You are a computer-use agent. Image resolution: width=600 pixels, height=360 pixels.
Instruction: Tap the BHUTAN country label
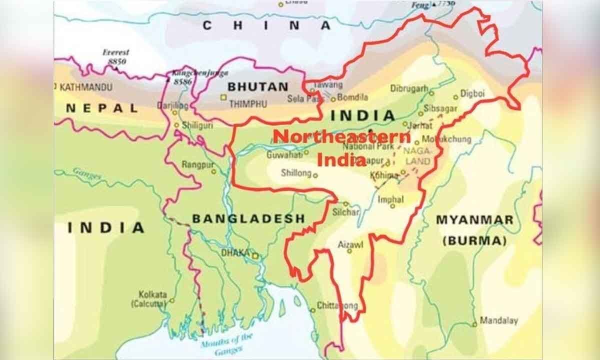pyautogui.click(x=258, y=86)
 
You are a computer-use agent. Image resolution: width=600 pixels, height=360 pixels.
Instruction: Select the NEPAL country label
pyautogui.click(x=102, y=108)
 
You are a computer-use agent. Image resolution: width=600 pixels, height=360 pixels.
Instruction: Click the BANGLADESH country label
pyautogui.click(x=248, y=218)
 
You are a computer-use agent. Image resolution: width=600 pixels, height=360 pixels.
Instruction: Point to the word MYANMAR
pyautogui.click(x=474, y=220)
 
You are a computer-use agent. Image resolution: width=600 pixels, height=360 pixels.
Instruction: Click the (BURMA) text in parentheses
pyautogui.click(x=474, y=240)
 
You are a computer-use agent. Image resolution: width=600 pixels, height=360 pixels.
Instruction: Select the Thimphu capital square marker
pyautogui.click(x=223, y=97)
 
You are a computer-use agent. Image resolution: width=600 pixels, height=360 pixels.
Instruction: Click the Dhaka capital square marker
pyautogui.click(x=255, y=256)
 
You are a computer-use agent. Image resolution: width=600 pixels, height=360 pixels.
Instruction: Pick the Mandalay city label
pyautogui.click(x=498, y=320)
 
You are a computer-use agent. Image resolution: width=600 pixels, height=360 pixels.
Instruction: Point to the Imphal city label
pyautogui.click(x=390, y=199)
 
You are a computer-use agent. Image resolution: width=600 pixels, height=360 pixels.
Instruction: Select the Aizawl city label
pyautogui.click(x=350, y=244)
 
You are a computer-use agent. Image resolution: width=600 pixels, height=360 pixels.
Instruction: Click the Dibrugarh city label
pyautogui.click(x=409, y=89)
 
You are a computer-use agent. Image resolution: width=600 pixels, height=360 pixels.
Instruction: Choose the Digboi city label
pyautogui.click(x=472, y=93)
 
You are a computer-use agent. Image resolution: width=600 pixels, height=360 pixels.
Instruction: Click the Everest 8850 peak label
pyautogui.click(x=115, y=56)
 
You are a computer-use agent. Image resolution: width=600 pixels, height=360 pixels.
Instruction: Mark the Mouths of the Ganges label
pyautogui.click(x=227, y=341)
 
